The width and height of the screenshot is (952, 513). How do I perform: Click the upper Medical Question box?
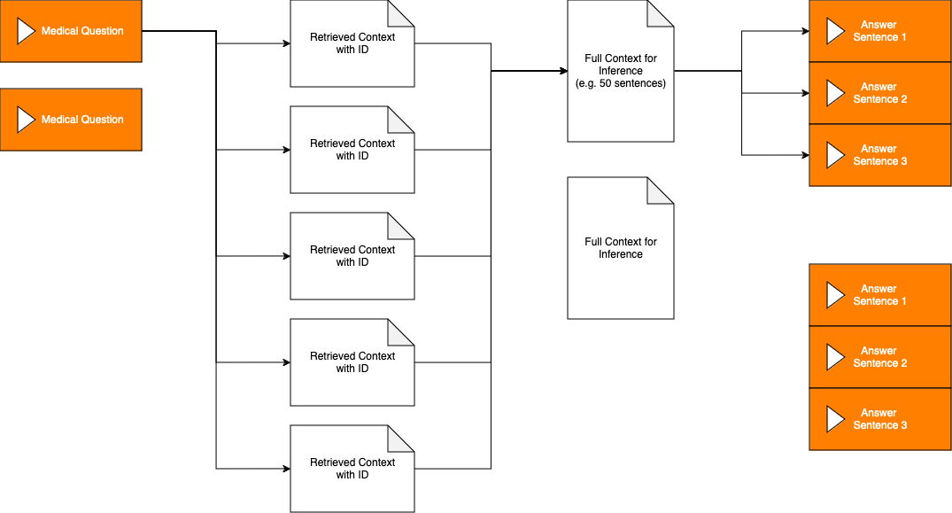[x=71, y=31]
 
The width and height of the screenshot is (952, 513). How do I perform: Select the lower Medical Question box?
[x=71, y=120]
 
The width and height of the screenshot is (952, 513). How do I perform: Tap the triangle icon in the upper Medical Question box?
[x=26, y=31]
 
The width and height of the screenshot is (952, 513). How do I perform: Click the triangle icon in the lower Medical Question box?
[x=26, y=120]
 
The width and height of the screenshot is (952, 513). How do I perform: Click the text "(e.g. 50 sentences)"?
[x=621, y=83]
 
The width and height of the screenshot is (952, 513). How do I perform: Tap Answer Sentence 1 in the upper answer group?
[x=880, y=31]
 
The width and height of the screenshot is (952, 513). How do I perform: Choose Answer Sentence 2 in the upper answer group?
[x=880, y=93]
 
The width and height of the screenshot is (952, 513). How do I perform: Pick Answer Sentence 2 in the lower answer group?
[x=880, y=357]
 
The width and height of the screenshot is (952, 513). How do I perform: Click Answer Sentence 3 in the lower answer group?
[x=880, y=419]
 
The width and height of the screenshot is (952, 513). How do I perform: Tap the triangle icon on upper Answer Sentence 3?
[x=835, y=155]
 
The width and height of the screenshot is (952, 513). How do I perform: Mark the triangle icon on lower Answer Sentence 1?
[x=835, y=295]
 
